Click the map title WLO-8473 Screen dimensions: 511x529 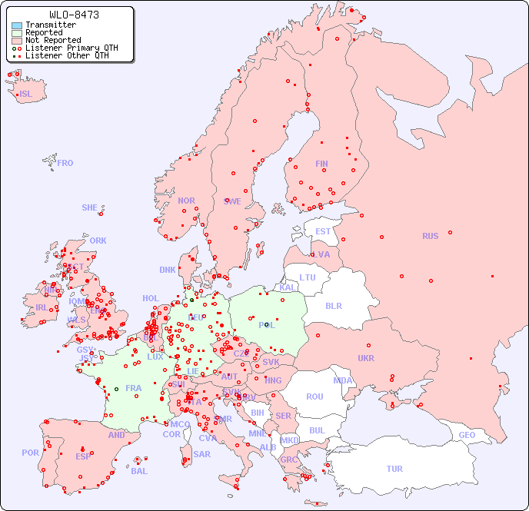[x=74, y=15]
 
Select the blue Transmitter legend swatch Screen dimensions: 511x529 [x=17, y=25]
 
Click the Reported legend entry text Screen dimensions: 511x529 [x=44, y=33]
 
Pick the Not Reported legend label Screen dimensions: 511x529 [x=53, y=41]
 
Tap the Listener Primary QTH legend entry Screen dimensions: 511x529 [x=72, y=48]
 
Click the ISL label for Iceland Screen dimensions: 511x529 [x=26, y=95]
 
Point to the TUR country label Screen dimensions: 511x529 [x=394, y=469]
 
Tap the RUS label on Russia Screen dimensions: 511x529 [x=430, y=236]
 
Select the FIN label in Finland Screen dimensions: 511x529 [x=321, y=164]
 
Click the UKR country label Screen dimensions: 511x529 [x=366, y=358]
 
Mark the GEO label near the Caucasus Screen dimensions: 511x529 [x=467, y=435]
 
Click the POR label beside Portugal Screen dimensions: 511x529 [x=30, y=453]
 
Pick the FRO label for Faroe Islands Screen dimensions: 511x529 [x=65, y=163]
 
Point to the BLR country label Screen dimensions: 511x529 [x=334, y=305]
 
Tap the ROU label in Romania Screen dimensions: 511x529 [x=314, y=397]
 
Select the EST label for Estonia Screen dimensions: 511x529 [x=323, y=231]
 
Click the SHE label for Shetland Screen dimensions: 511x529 [x=90, y=207]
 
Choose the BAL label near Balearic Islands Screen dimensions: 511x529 [x=139, y=471]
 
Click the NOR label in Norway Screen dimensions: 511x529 [x=186, y=201]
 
